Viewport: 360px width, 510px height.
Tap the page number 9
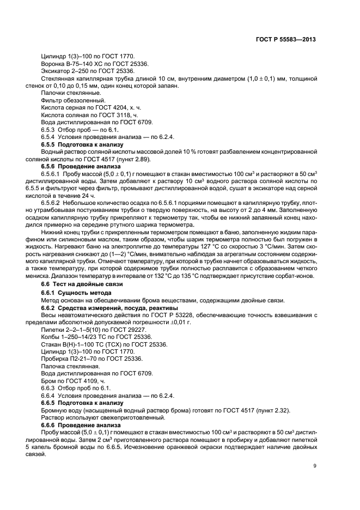(x=315, y=466)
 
